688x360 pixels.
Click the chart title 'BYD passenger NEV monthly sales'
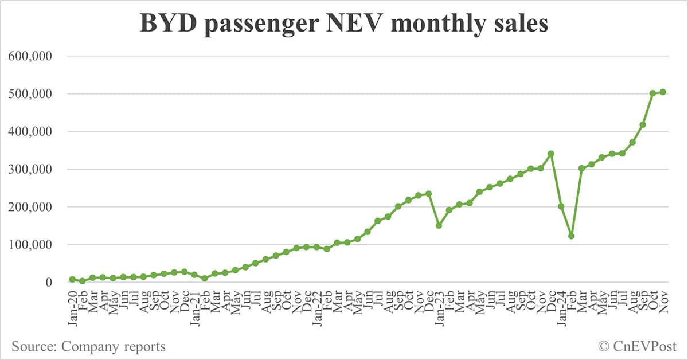tap(344, 24)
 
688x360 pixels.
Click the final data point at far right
tap(663, 92)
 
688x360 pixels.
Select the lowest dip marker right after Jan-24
tap(572, 236)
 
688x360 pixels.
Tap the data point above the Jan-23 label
tap(439, 225)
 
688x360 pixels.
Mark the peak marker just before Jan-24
tap(551, 154)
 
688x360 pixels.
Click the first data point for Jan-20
tap(73, 279)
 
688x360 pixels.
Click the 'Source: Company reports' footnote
tap(88, 346)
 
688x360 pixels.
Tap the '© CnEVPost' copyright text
tap(637, 346)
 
